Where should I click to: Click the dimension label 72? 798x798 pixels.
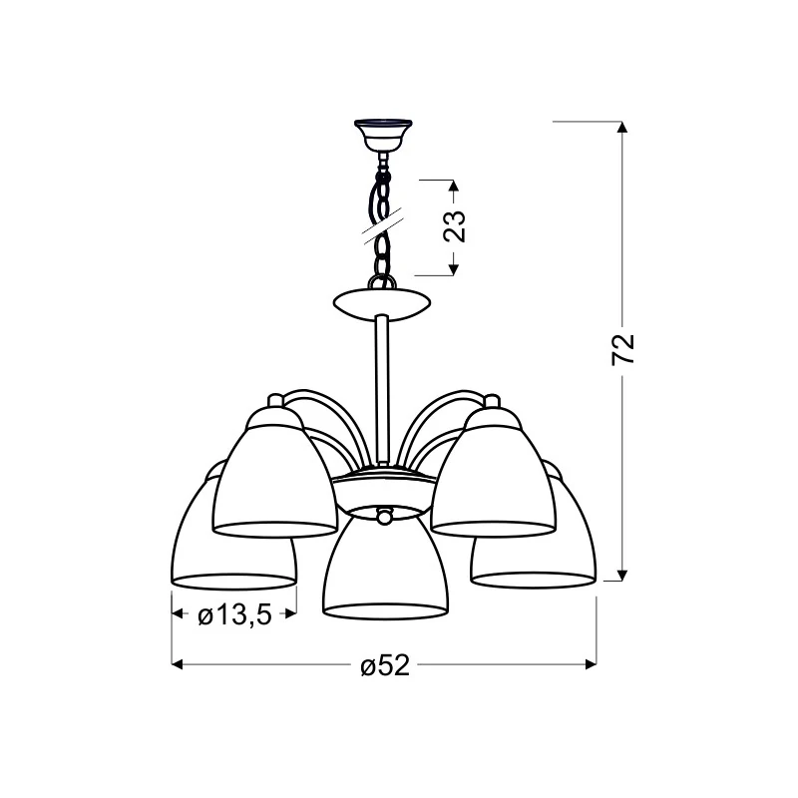pos(623,349)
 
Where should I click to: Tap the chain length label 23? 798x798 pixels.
pos(455,226)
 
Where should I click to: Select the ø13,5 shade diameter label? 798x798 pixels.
pos(234,615)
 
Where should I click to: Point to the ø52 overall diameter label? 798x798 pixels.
pos(385,665)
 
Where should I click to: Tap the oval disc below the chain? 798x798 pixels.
pos(382,304)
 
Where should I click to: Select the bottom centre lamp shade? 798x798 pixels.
pos(385,565)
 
